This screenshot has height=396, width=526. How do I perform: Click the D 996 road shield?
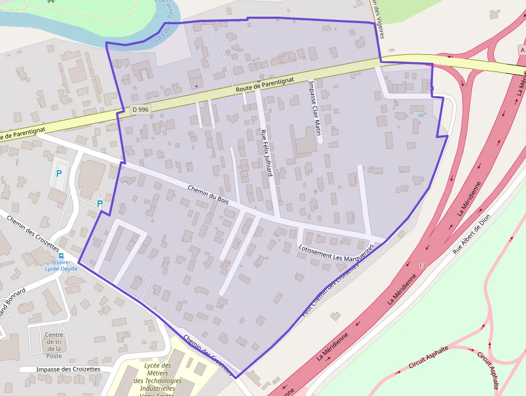141,110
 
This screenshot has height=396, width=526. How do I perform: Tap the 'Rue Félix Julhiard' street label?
266,153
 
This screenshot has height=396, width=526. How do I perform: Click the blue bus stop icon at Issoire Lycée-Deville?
61,256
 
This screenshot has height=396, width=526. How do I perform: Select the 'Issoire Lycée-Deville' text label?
61,265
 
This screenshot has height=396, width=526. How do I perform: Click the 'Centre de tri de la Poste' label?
54,345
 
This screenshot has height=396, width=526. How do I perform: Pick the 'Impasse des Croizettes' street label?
68,370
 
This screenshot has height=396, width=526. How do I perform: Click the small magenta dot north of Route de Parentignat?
196,86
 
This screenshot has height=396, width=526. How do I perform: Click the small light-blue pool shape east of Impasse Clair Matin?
420,115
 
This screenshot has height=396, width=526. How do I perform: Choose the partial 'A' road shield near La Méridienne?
522,49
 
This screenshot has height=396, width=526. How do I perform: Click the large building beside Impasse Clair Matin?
303,142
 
